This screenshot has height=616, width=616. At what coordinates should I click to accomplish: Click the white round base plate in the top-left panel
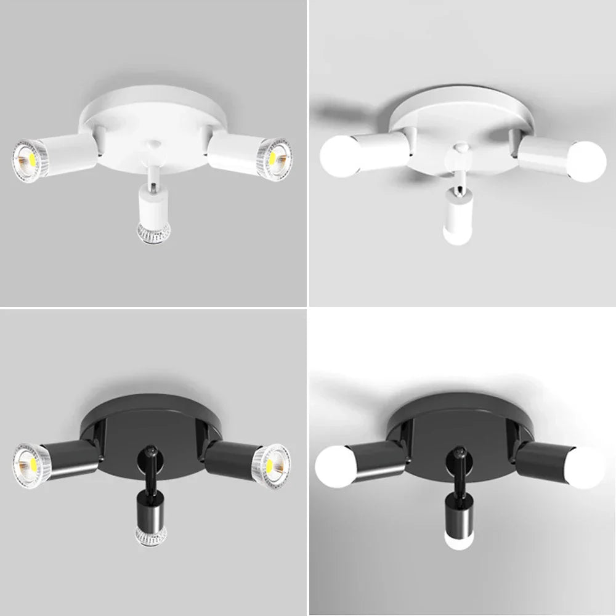153,117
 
